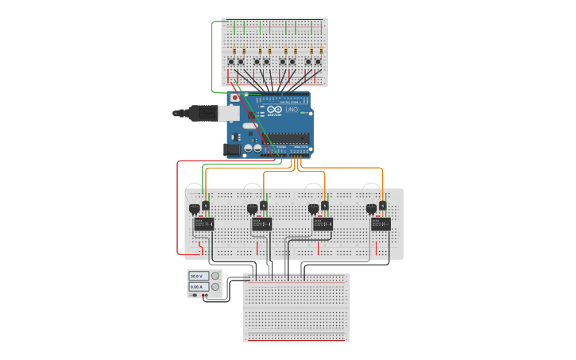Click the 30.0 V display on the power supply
[x=195, y=276]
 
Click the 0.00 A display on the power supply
[x=195, y=286]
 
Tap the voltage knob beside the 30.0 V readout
[x=215, y=276]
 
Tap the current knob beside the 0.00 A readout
[x=215, y=286]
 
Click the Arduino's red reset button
[x=234, y=98]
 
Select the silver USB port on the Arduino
[x=229, y=113]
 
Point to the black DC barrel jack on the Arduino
[x=232, y=148]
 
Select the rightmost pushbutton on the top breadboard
[x=318, y=61]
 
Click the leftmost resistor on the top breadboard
[x=234, y=51]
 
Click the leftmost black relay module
[x=203, y=224]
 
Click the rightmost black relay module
[x=381, y=224]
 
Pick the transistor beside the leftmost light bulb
[x=206, y=207]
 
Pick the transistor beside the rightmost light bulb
[x=382, y=207]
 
